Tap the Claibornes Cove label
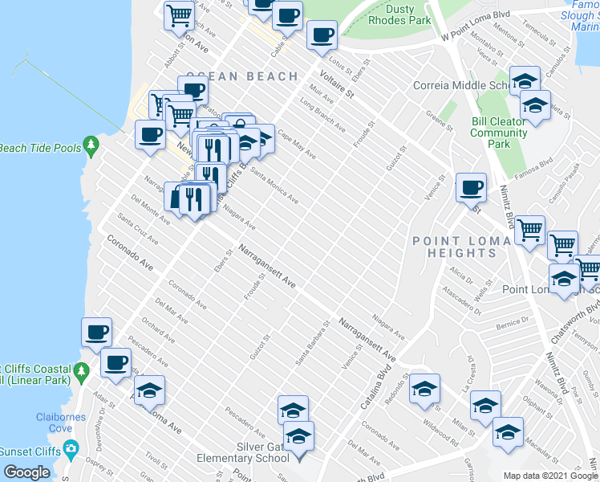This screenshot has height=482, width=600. pos(55,423)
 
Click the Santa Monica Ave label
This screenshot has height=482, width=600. pos(274,185)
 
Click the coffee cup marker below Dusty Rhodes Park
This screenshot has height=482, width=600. pos(322,36)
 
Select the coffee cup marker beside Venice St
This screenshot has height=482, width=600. pos(471,188)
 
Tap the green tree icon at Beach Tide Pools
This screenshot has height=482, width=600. pos(91,145)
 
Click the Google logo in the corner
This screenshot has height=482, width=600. pos(26,472)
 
